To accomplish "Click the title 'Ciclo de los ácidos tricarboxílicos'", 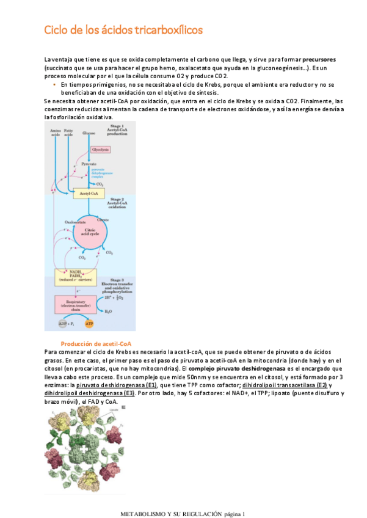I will pos(123,30).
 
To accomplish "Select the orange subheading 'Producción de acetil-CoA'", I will pos(96,344).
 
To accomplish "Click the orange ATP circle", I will pos(98,323).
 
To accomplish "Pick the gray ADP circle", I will pos(66,323).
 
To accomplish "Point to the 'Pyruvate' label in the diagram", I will pos(89,164).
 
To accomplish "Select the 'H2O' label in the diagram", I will pos(108,312).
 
